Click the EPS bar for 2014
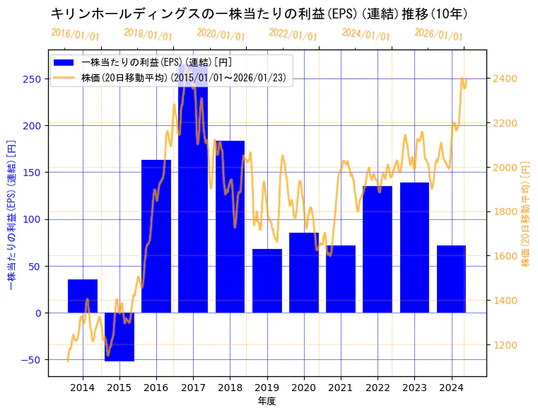pos(83,296)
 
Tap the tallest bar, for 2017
pos(193,191)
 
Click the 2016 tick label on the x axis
pos(156,388)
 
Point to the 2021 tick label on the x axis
pos(340,388)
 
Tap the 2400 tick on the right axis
pos(504,78)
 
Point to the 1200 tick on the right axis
pos(504,345)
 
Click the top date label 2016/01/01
pos(76,35)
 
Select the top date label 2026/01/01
pos(438,35)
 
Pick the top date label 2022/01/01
pos(293,35)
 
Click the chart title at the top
pos(259,13)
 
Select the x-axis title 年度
pos(267,401)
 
